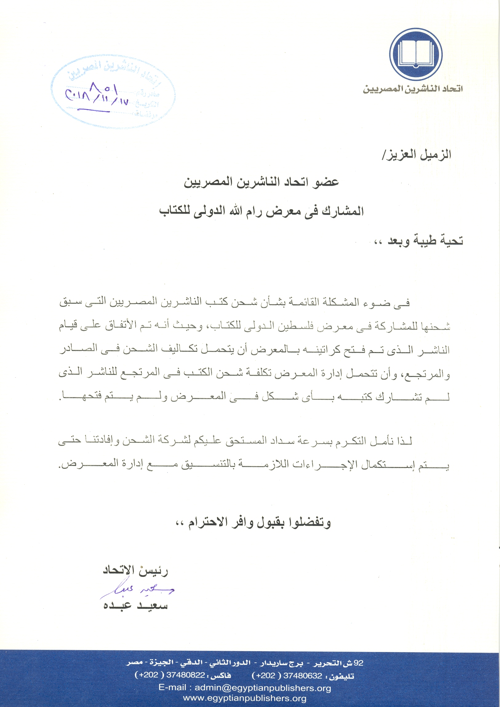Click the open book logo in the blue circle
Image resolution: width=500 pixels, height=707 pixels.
point(416,54)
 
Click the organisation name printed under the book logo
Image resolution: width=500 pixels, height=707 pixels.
point(413,89)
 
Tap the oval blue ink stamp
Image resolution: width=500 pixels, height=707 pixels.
point(113,91)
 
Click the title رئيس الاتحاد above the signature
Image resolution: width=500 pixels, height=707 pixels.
point(135,570)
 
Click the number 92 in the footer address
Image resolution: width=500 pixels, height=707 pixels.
point(358,663)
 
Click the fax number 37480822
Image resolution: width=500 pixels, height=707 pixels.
point(186,675)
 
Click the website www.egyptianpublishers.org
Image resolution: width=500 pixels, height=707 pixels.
point(245,698)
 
